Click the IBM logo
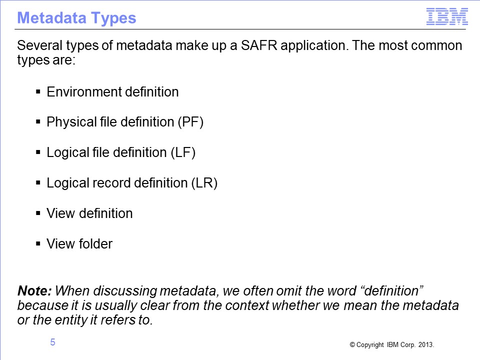(x=447, y=16)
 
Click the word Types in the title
(x=113, y=18)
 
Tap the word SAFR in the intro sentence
(x=258, y=45)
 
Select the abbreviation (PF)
(x=190, y=122)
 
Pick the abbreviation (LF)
(x=183, y=152)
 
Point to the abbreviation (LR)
(x=204, y=183)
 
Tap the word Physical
(x=71, y=122)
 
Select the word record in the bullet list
(x=111, y=183)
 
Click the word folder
(x=96, y=244)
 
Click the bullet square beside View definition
(x=38, y=213)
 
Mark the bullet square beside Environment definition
(x=38, y=91)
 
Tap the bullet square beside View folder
(x=38, y=243)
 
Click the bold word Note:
(x=34, y=291)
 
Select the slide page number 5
(x=52, y=342)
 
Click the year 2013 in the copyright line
(x=426, y=344)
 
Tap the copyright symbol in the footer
(x=352, y=344)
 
